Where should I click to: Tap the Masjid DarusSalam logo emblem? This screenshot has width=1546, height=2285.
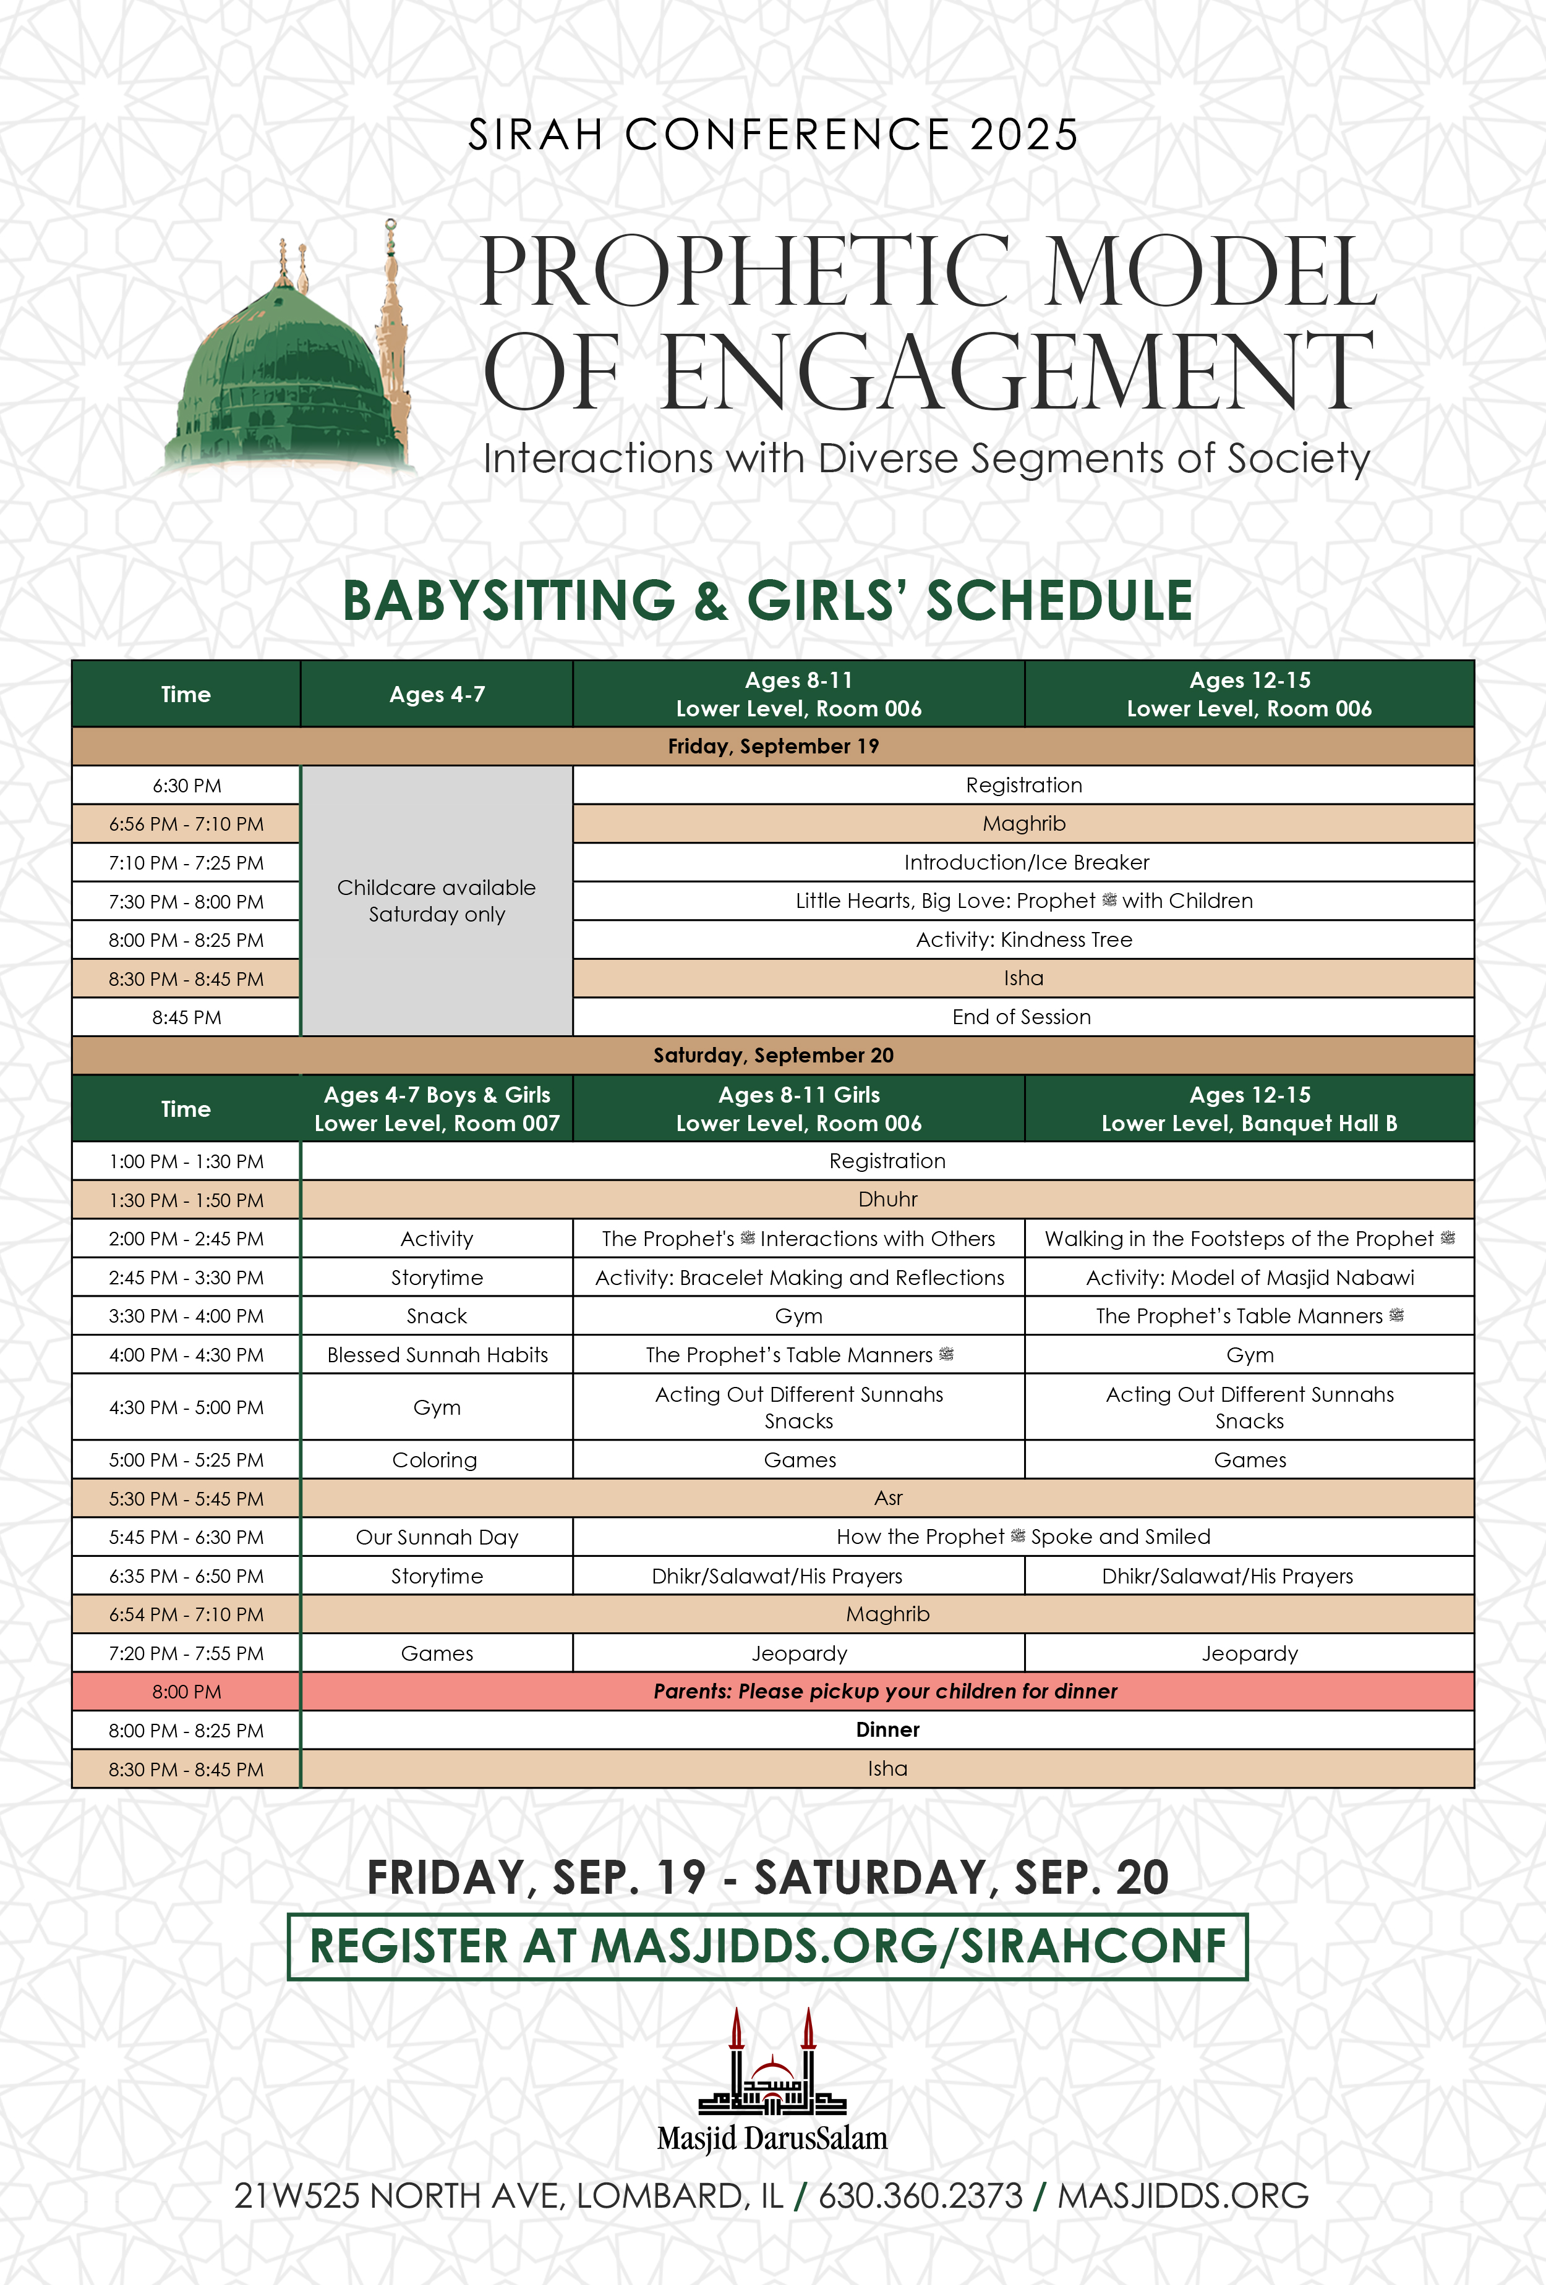tap(772, 2065)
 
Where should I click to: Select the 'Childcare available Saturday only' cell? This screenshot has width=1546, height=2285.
tap(437, 901)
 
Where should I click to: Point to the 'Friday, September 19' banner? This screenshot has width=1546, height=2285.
tap(773, 746)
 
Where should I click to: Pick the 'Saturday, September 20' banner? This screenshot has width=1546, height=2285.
tap(773, 1055)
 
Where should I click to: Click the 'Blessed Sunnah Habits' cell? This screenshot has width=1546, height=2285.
tap(437, 1355)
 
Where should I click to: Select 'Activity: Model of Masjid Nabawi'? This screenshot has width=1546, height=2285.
tap(1249, 1277)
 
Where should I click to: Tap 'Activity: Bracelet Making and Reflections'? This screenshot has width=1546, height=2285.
tap(798, 1277)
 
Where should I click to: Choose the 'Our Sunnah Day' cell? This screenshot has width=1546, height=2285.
tap(437, 1537)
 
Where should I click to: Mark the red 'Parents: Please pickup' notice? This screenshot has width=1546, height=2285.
tap(885, 1691)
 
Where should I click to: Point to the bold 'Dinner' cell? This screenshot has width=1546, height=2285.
tap(887, 1729)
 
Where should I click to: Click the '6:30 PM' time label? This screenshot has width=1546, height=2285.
tap(186, 786)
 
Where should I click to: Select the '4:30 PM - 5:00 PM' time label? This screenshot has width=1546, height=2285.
tap(186, 1407)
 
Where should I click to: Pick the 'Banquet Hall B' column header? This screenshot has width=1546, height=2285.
tap(1249, 1108)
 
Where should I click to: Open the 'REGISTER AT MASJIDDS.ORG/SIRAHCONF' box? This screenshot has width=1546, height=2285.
tap(767, 1947)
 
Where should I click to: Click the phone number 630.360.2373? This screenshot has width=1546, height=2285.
tap(921, 2195)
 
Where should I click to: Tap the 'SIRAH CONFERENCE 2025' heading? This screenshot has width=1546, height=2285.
tap(773, 135)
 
